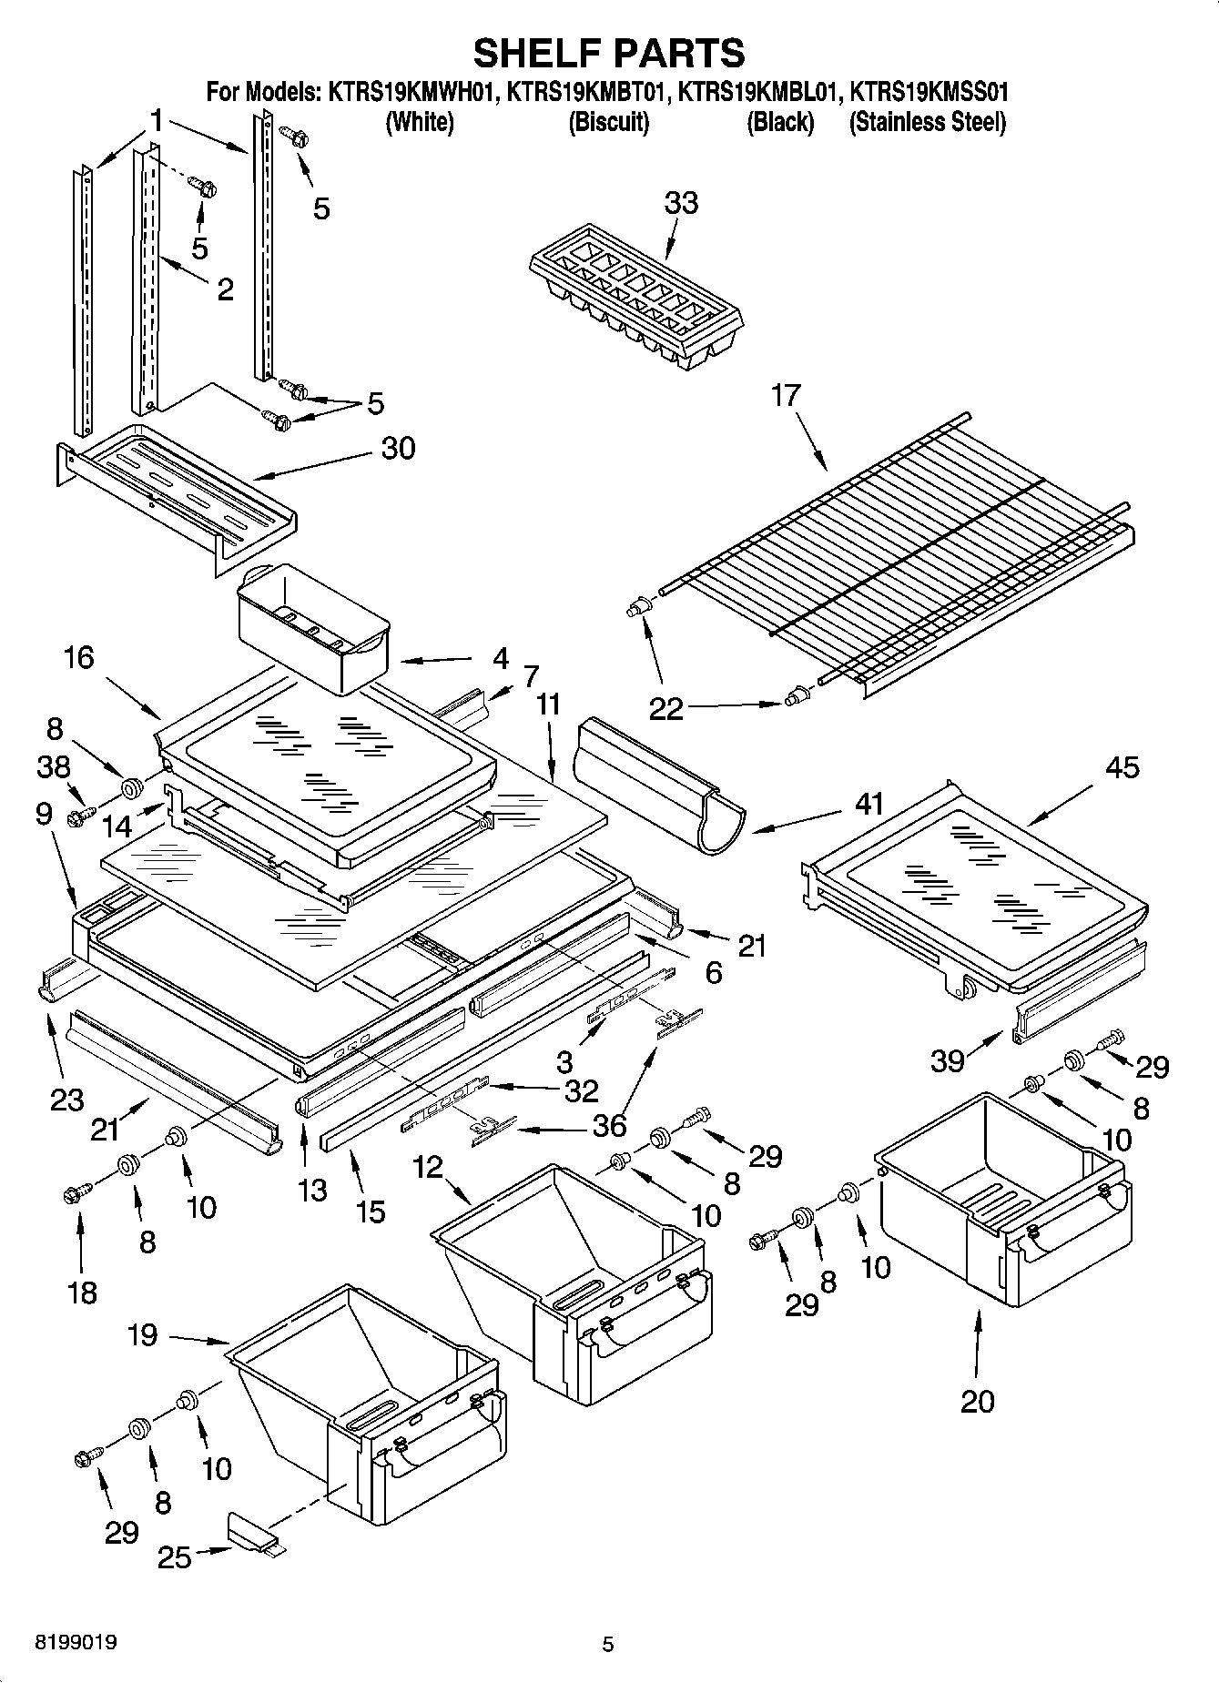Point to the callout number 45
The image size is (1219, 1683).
pyautogui.click(x=1122, y=767)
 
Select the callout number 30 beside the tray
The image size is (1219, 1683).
pyautogui.click(x=398, y=448)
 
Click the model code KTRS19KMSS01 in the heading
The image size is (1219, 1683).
pyautogui.click(x=928, y=92)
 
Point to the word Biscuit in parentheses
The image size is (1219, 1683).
pyautogui.click(x=608, y=122)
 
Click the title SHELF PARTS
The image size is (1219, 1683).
pyautogui.click(x=609, y=53)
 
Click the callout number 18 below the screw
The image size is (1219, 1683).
pyautogui.click(x=82, y=1293)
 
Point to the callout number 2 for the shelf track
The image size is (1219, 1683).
pyautogui.click(x=224, y=289)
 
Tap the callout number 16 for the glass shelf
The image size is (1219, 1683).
pyautogui.click(x=79, y=657)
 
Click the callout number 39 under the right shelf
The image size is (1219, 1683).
pyautogui.click(x=947, y=1060)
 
